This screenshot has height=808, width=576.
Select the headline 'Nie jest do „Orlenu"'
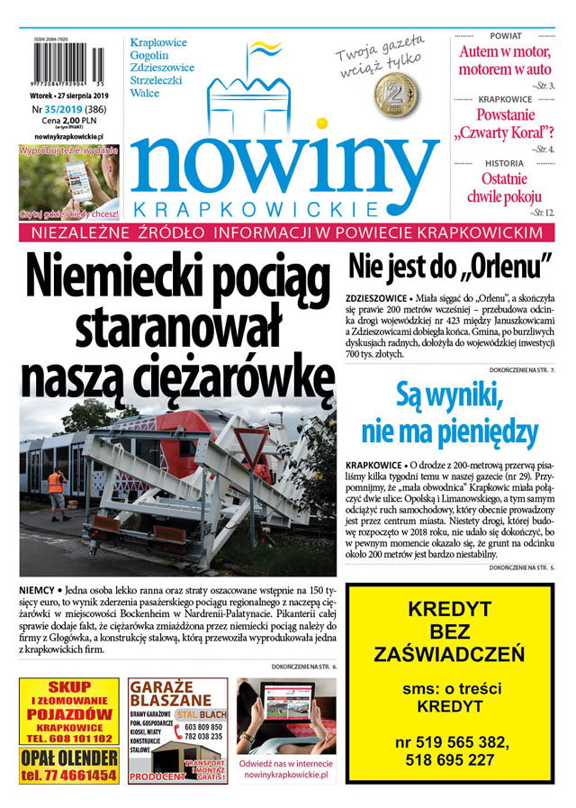point(449,268)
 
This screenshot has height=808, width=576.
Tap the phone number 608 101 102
point(68,739)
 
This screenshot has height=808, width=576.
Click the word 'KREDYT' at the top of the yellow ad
point(448,609)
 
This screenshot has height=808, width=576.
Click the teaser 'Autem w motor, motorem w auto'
point(505,59)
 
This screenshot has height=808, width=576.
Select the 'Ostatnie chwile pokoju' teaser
point(504,187)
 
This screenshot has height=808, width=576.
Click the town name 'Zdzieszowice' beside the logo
point(162,68)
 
